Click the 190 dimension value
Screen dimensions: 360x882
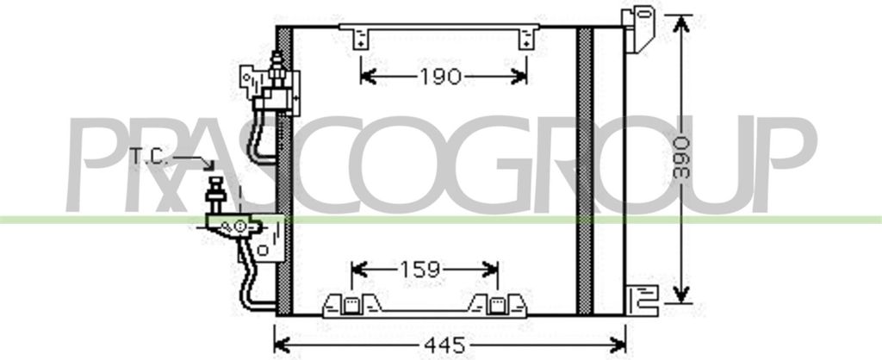(440, 78)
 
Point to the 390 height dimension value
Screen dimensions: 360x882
(680, 156)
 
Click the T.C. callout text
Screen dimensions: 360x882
(152, 157)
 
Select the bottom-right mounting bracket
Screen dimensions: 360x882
(642, 296)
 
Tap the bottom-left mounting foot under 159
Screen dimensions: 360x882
(351, 305)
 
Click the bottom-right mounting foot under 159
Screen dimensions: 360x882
(497, 305)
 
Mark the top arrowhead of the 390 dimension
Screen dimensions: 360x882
(681, 22)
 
